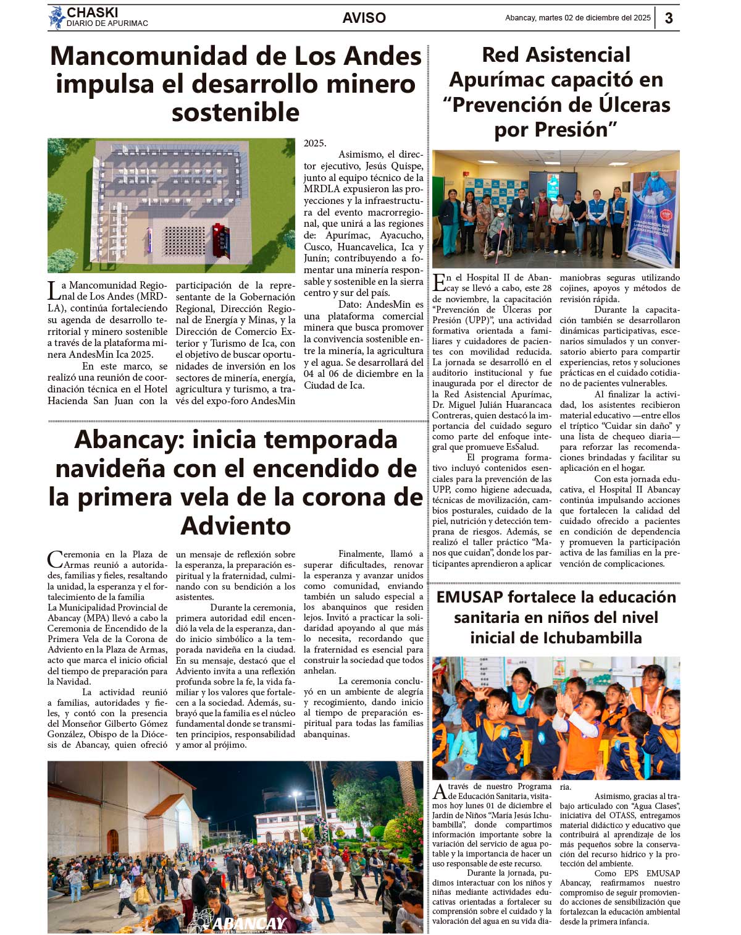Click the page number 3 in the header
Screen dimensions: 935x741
(669, 18)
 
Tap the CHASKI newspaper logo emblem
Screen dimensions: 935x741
(57, 17)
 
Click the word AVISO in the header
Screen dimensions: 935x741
(364, 18)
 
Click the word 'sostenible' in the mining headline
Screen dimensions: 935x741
(235, 112)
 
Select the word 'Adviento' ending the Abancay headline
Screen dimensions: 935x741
(235, 526)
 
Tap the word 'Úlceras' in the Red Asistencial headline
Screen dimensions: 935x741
(624, 104)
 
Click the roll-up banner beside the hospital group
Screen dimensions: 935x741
(652, 219)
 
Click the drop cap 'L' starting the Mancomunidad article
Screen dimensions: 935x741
(53, 290)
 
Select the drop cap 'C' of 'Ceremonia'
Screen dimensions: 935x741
(54, 559)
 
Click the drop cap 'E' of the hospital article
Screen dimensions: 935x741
(438, 282)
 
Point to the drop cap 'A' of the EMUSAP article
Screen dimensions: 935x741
(439, 791)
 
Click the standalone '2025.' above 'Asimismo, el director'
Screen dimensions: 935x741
(315, 143)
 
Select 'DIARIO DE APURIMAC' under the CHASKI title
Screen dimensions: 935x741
(107, 23)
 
